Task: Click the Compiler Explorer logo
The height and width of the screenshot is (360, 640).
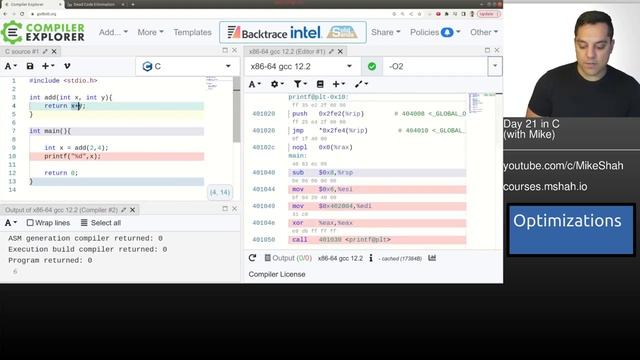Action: pyautogui.click(x=44, y=32)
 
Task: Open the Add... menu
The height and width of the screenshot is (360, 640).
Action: pyautogui.click(x=113, y=32)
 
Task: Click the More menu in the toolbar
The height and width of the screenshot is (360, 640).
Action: pyautogui.click(x=151, y=32)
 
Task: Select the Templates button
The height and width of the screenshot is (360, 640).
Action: pyautogui.click(x=192, y=32)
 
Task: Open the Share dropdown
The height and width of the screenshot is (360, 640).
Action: pyautogui.click(x=385, y=32)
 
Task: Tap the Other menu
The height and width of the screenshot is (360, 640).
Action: pyautogui.click(x=484, y=32)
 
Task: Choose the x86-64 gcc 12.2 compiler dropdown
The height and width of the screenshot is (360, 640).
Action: pyautogui.click(x=300, y=66)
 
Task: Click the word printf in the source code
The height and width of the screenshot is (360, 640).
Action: pyautogui.click(x=55, y=156)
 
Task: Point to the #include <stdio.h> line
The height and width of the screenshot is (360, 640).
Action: pyautogui.click(x=63, y=80)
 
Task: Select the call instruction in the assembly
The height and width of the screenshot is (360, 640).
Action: pyautogui.click(x=300, y=240)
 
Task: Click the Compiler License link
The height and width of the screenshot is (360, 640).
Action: pyautogui.click(x=277, y=274)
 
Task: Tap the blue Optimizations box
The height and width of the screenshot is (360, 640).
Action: pyautogui.click(x=567, y=222)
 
